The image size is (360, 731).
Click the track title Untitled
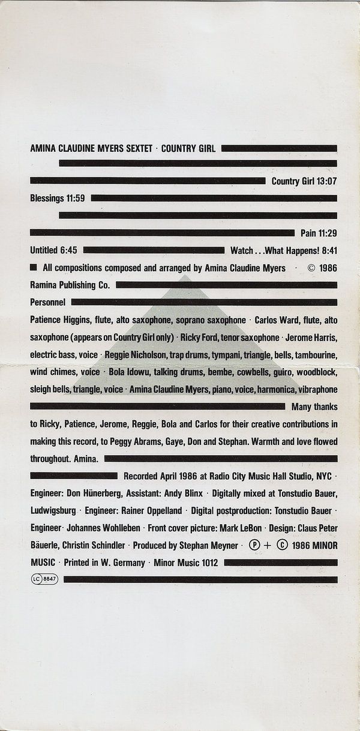44,250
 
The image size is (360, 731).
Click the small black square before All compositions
34,267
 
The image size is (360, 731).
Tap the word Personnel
47,302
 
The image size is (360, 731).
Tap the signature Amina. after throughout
88,459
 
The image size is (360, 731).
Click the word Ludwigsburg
53,511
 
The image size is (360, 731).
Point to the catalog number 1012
208,563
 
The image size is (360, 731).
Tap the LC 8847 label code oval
44,580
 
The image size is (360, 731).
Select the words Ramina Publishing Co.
70,285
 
